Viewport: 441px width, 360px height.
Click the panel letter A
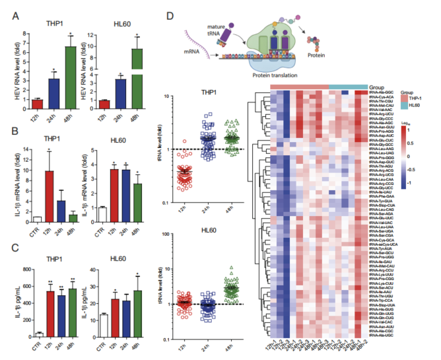(x=10, y=11)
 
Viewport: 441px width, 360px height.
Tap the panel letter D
(x=170, y=11)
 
